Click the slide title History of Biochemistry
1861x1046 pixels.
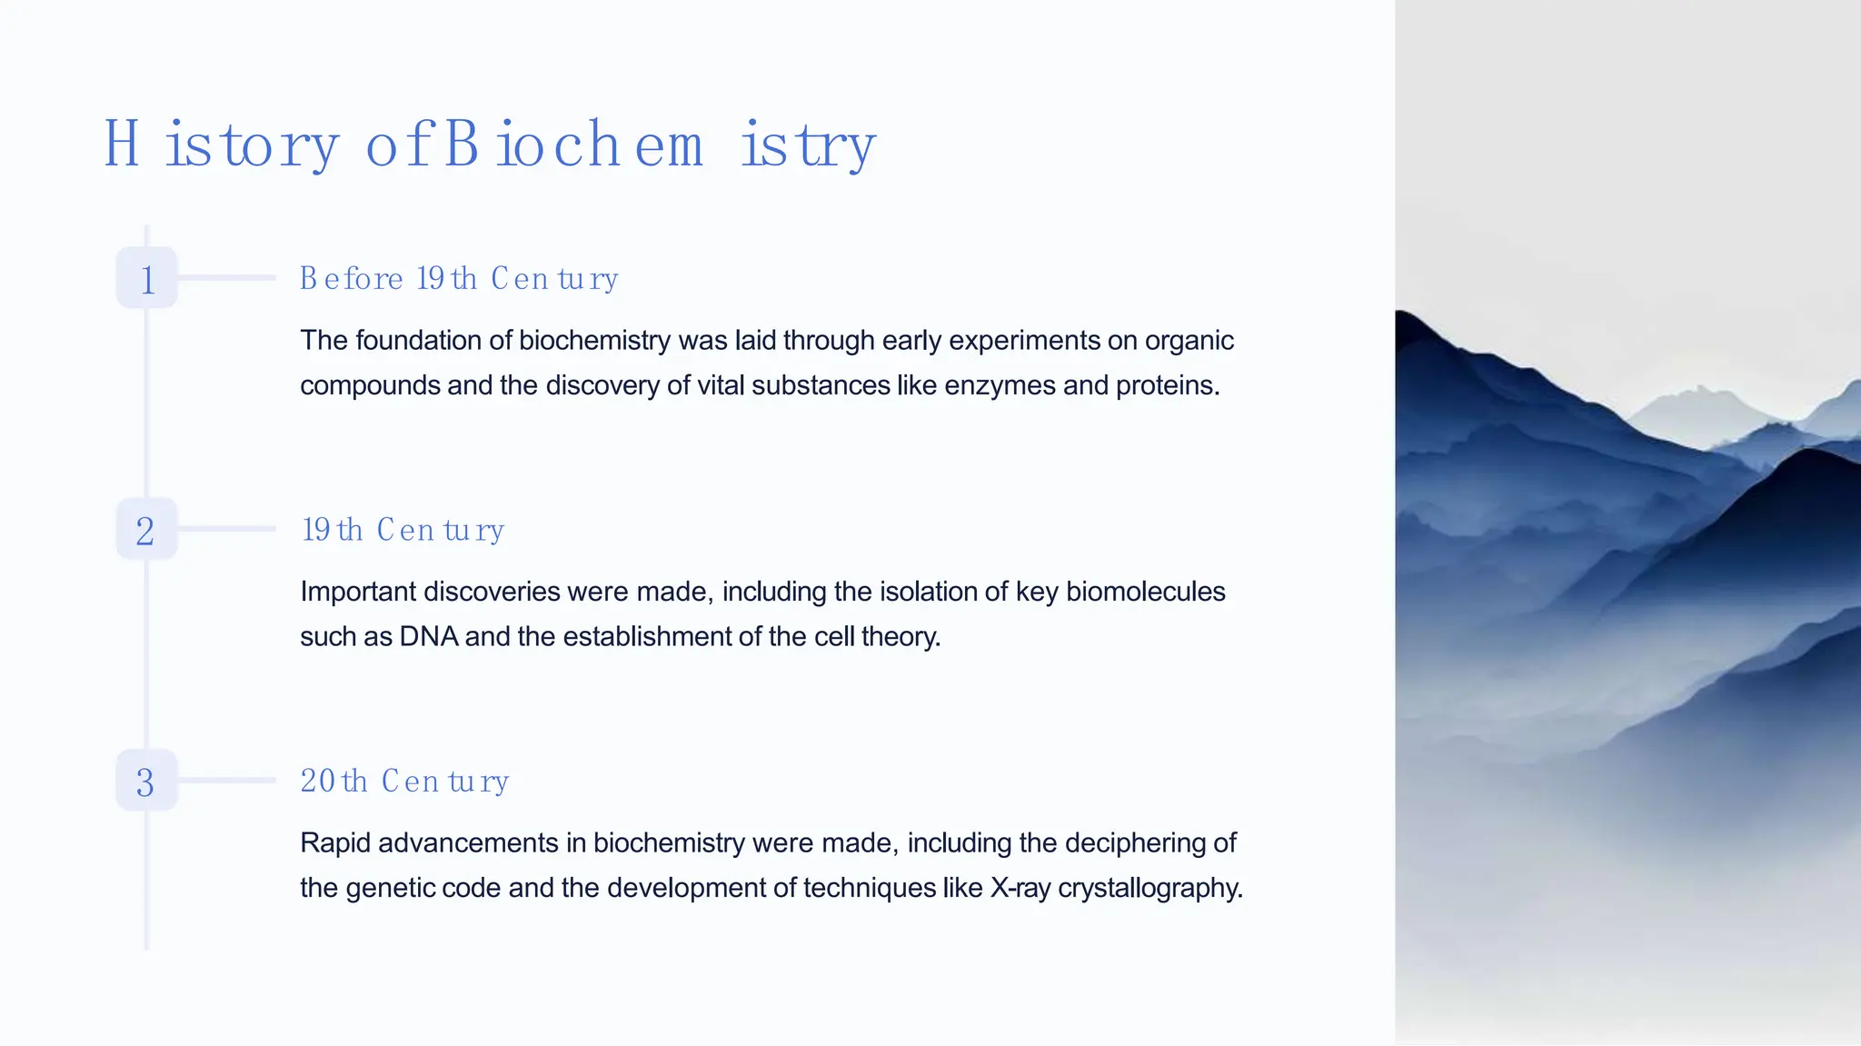click(490, 144)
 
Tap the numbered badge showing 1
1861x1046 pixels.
click(146, 278)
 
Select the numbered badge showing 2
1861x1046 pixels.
click(146, 530)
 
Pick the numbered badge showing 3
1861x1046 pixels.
click(146, 782)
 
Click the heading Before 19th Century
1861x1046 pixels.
click(459, 278)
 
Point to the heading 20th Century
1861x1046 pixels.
click(404, 781)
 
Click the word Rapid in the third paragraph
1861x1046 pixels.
click(334, 843)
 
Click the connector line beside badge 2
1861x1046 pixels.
click(226, 528)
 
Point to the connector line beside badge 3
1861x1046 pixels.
click(226, 780)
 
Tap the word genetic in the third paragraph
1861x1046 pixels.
click(390, 888)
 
